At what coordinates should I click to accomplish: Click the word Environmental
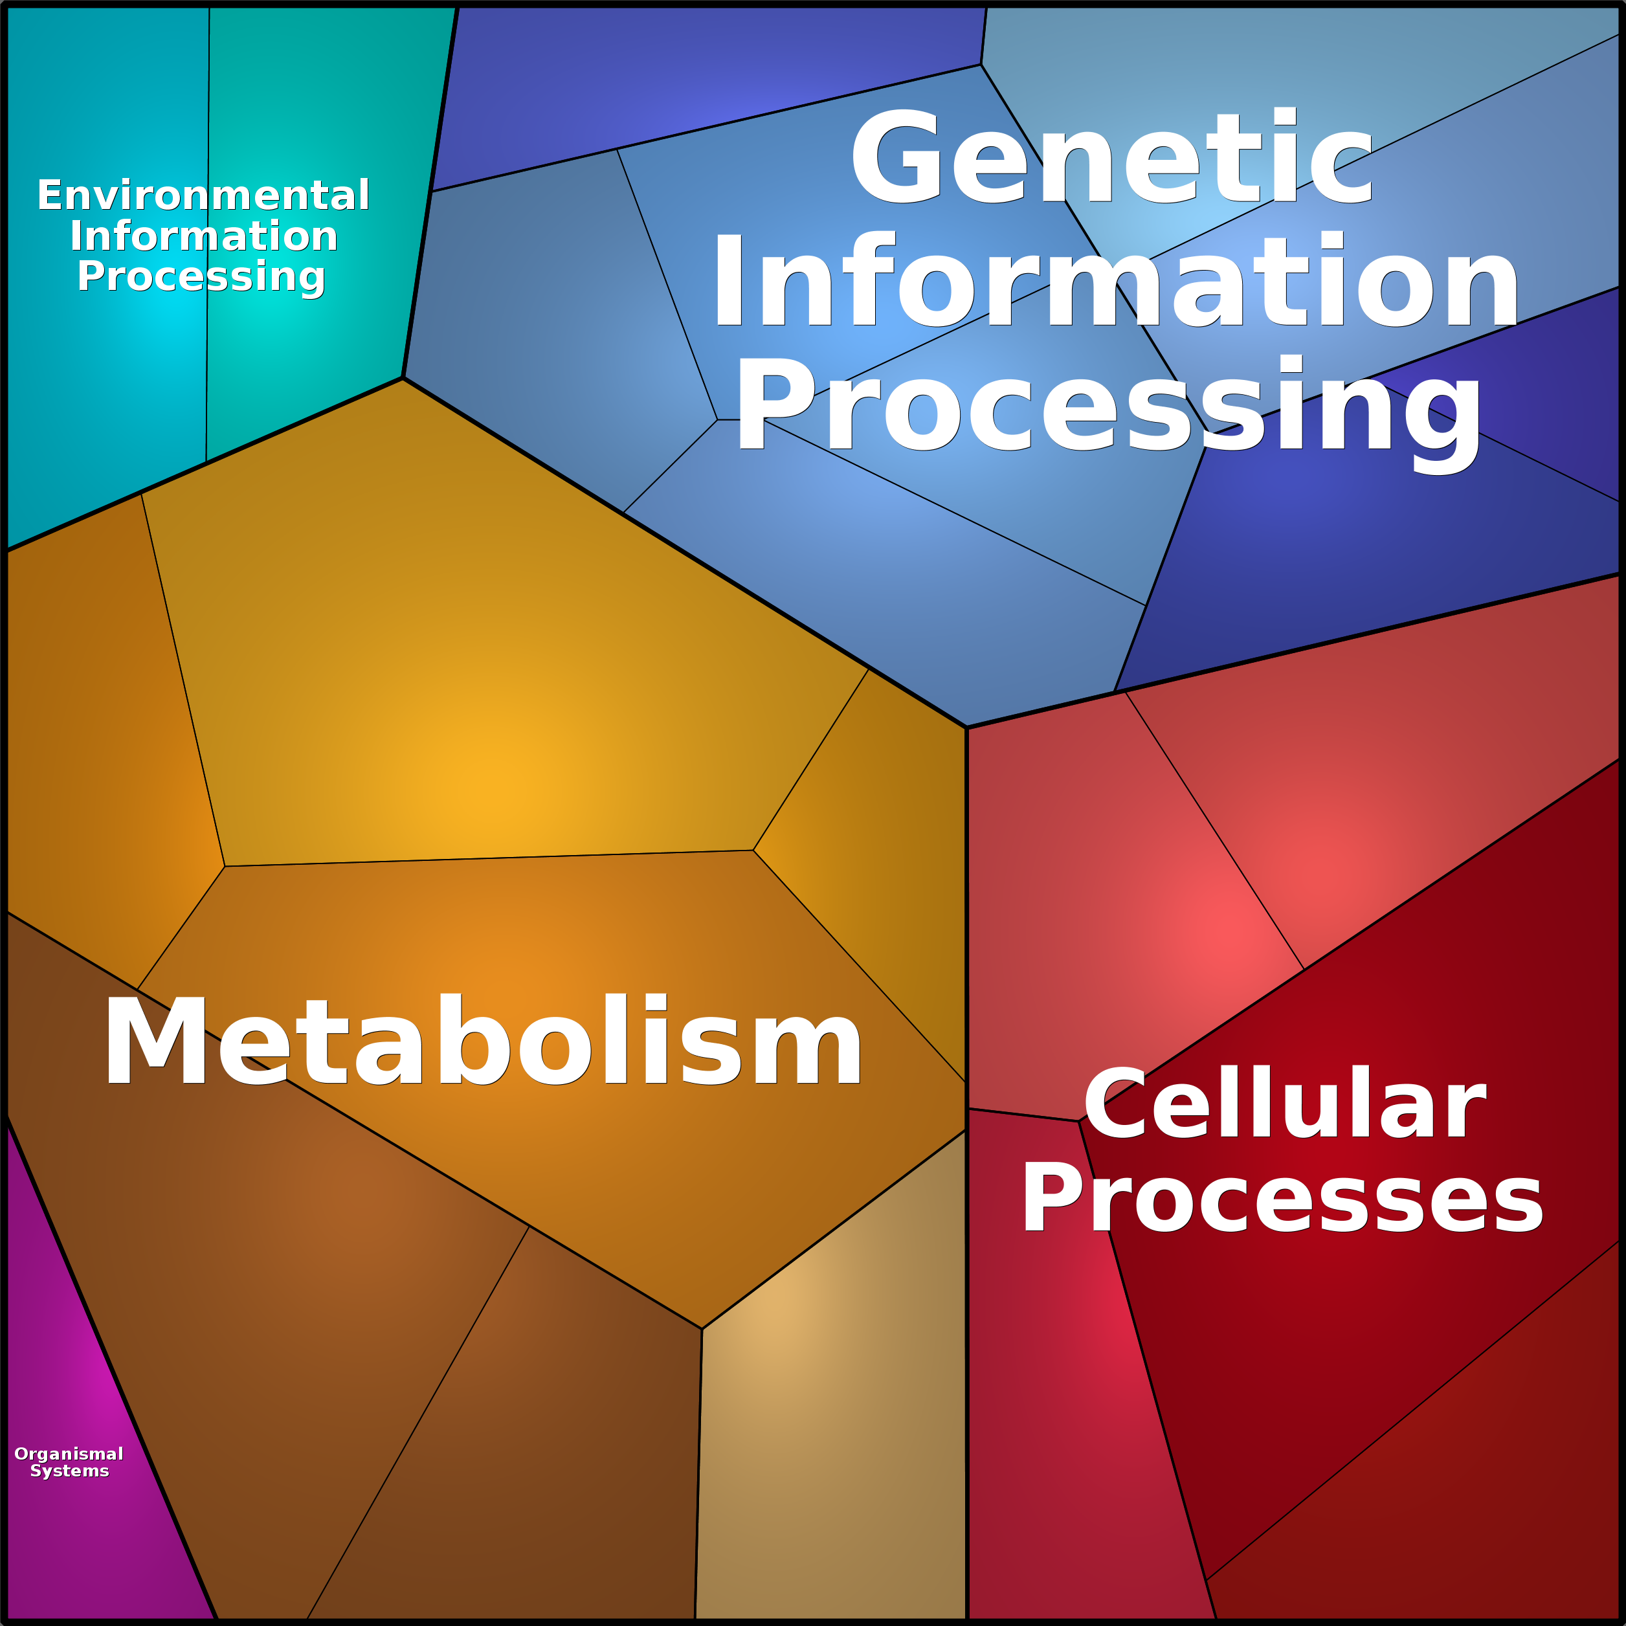click(x=203, y=195)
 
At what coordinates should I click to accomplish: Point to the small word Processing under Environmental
click(x=201, y=277)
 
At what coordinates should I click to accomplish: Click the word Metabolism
click(x=483, y=1040)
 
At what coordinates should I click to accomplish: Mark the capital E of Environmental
click(x=50, y=195)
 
